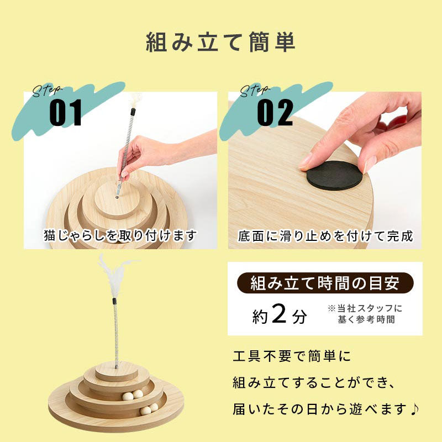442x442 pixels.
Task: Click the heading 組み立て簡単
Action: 220,43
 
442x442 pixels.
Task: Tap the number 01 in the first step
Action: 66,113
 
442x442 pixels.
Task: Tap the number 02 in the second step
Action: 275,113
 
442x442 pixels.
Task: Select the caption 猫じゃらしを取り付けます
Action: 120,235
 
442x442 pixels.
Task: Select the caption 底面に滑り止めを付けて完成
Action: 325,236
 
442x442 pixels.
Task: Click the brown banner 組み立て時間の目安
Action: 325,283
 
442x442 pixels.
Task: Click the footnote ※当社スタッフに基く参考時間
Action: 365,314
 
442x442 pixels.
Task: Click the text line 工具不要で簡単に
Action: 292,356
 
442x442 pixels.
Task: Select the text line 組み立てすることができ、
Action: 314,383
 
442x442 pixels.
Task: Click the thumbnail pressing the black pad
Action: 325,170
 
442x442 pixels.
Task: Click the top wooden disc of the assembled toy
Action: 116,371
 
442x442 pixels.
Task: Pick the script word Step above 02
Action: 254,91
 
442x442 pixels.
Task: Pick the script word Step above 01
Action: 46,91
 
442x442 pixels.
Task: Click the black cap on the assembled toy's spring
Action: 114,301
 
